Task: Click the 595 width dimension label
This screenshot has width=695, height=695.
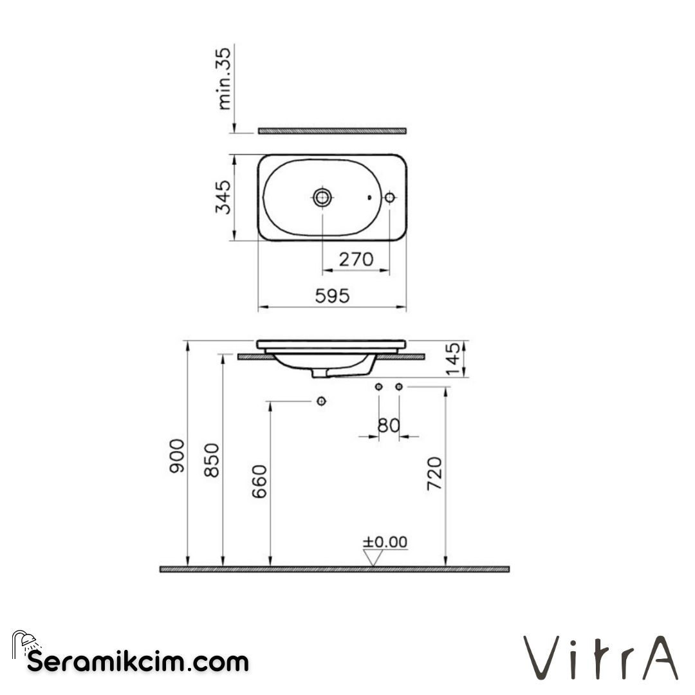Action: pyautogui.click(x=332, y=295)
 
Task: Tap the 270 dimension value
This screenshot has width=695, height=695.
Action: pyautogui.click(x=356, y=259)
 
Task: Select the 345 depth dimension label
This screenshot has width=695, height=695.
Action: pyautogui.click(x=223, y=198)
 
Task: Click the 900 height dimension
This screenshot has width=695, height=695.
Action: pyautogui.click(x=177, y=456)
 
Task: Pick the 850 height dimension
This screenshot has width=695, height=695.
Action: pyautogui.click(x=213, y=459)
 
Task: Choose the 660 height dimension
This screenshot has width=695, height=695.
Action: pyautogui.click(x=259, y=481)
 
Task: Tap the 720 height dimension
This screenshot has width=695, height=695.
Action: pyautogui.click(x=435, y=474)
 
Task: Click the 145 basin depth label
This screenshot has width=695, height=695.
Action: pyautogui.click(x=454, y=359)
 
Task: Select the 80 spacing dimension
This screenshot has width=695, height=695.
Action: pyautogui.click(x=389, y=425)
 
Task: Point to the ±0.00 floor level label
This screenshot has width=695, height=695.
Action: pyautogui.click(x=385, y=542)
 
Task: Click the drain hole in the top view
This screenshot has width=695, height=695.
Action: pyautogui.click(x=322, y=198)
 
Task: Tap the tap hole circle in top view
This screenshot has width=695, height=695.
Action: pyautogui.click(x=389, y=198)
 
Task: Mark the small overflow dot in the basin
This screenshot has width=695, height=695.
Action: pyautogui.click(x=369, y=198)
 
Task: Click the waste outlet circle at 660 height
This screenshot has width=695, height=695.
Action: pyautogui.click(x=321, y=401)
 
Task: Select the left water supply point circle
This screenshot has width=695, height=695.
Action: pyautogui.click(x=379, y=387)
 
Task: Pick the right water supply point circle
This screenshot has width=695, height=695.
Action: pyautogui.click(x=399, y=387)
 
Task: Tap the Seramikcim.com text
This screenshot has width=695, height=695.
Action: pyautogui.click(x=138, y=661)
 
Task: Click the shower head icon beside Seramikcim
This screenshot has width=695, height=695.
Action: pyautogui.click(x=26, y=642)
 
